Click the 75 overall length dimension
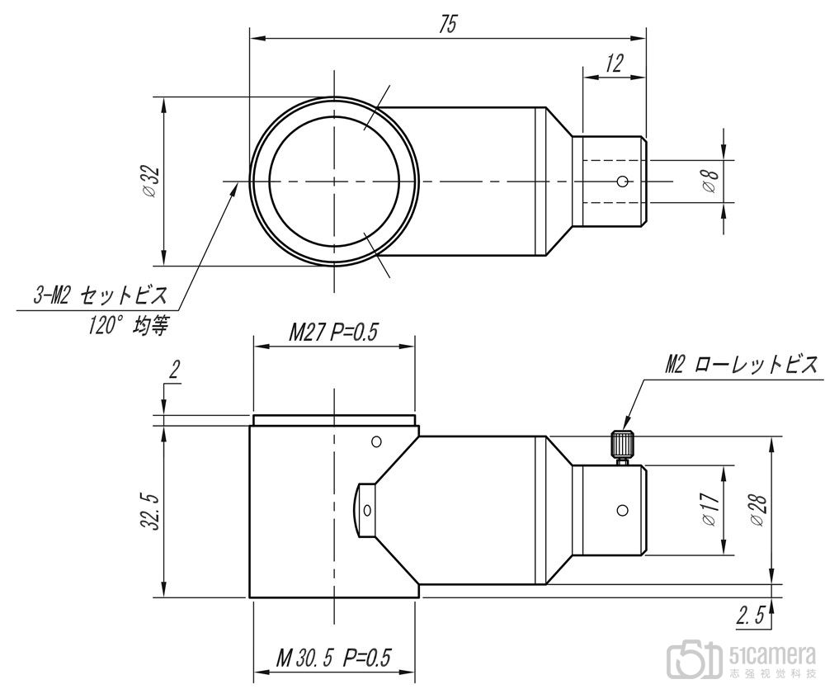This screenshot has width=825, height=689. pos(448,24)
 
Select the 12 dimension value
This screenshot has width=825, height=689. pos(614,64)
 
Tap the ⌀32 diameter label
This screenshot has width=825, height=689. pos(152,182)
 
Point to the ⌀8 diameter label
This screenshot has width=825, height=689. pos(710,181)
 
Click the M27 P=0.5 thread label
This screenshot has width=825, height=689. pos(333,333)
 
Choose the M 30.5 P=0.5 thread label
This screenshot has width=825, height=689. pos(334,658)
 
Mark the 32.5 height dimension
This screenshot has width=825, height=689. pos(153,511)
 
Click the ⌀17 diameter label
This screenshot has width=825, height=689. pos(709,509)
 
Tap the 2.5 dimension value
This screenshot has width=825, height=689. pos(751,616)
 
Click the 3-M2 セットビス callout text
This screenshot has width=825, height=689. pos(101,295)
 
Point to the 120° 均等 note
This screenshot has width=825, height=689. pos(128,326)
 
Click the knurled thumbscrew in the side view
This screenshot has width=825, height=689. pos(622,447)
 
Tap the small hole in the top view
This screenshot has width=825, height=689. pos(622,182)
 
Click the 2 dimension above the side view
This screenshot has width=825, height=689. pos(173,371)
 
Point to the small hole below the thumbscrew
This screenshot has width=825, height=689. pos(622,510)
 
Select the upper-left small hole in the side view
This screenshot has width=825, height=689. pos(375,441)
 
